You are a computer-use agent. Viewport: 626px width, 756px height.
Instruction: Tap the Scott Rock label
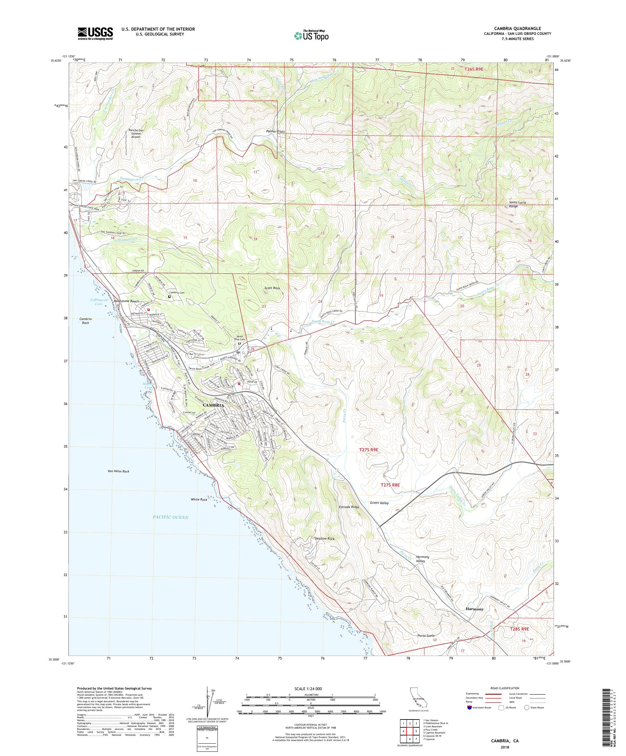(272, 288)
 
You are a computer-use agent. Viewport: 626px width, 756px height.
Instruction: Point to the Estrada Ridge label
(349, 507)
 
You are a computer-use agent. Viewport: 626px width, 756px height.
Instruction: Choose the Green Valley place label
(379, 503)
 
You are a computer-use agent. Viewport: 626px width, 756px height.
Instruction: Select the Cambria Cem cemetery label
(179, 293)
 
